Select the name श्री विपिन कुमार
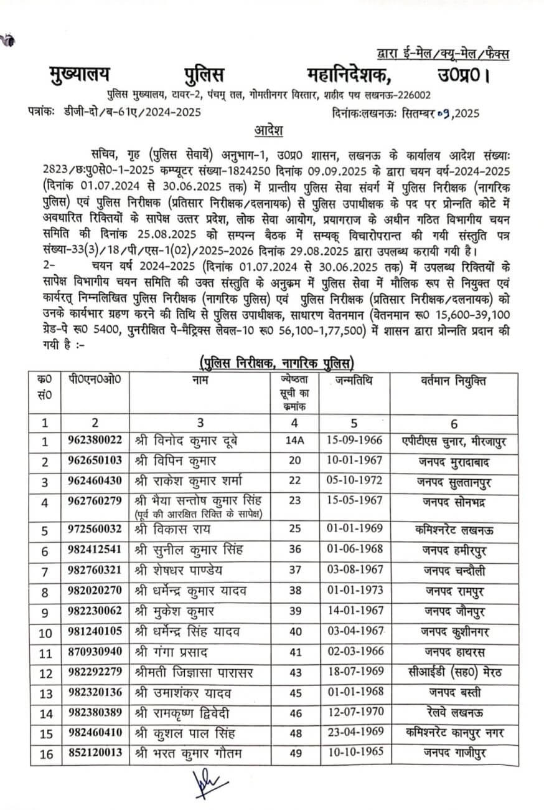coord(172,460)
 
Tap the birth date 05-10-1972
coord(354,481)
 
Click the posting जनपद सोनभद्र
coord(454,503)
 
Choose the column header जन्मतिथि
coord(354,379)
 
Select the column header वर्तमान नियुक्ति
coord(454,379)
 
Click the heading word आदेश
coord(269,131)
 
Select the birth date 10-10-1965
coord(354,754)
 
